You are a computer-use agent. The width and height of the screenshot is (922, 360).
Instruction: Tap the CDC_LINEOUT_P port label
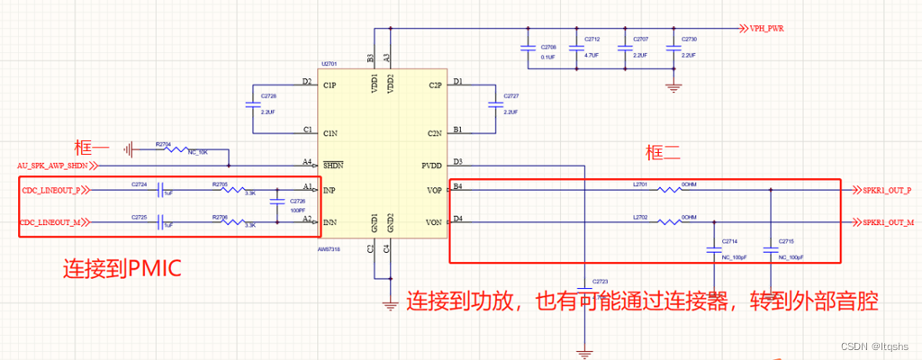click(x=53, y=191)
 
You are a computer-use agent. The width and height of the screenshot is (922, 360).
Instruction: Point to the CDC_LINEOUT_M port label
click(x=53, y=221)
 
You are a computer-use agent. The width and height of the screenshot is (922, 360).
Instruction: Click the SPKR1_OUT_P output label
click(x=887, y=190)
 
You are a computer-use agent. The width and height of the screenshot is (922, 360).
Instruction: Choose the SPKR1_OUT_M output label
click(x=887, y=221)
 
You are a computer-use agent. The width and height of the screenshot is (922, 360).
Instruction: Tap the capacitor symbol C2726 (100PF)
click(x=276, y=205)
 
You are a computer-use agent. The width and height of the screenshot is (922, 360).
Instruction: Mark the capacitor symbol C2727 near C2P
click(x=494, y=105)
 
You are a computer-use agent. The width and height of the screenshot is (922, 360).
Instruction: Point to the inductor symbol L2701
click(x=666, y=190)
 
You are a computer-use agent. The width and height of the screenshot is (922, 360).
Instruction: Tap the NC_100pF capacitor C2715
click(x=770, y=248)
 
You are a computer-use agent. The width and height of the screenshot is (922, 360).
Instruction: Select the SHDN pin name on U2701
click(x=334, y=165)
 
